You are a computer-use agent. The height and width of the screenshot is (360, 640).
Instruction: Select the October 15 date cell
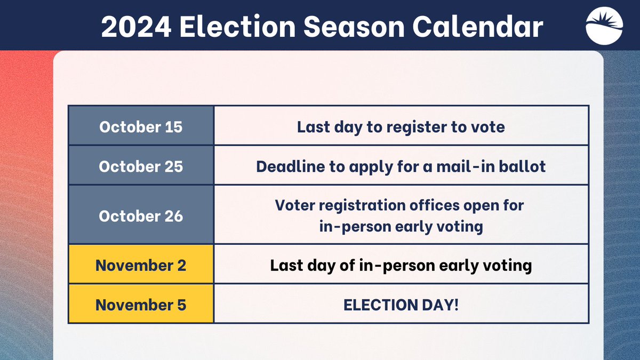(141, 127)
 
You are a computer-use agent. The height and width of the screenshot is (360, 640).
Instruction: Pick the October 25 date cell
(141, 166)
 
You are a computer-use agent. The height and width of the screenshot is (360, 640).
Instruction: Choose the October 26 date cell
(141, 216)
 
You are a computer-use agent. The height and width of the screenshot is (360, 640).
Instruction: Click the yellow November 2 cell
(141, 265)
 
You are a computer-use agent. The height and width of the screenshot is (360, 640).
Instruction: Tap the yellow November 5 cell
(141, 305)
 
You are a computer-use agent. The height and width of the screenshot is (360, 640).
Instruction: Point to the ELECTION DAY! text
(401, 305)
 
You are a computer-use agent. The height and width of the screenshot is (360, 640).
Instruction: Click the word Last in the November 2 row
(286, 265)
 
